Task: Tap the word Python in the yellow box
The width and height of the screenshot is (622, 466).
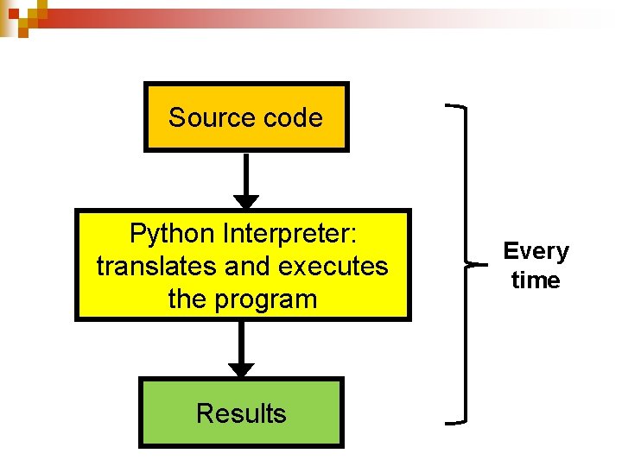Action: pyautogui.click(x=173, y=233)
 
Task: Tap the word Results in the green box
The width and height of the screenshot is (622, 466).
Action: pyautogui.click(x=241, y=413)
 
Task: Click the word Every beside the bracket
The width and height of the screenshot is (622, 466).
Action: pyautogui.click(x=536, y=251)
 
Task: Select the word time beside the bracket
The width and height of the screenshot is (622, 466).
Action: pyautogui.click(x=536, y=280)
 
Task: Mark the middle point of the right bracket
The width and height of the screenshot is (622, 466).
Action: pyautogui.click(x=472, y=264)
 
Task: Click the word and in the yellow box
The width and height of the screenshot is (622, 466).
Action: pyautogui.click(x=246, y=267)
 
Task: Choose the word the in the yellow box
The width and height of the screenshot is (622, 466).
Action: pyautogui.click(x=190, y=300)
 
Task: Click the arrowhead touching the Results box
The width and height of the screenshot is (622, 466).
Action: pyautogui.click(x=241, y=369)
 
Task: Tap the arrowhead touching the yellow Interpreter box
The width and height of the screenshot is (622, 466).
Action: pyautogui.click(x=246, y=202)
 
